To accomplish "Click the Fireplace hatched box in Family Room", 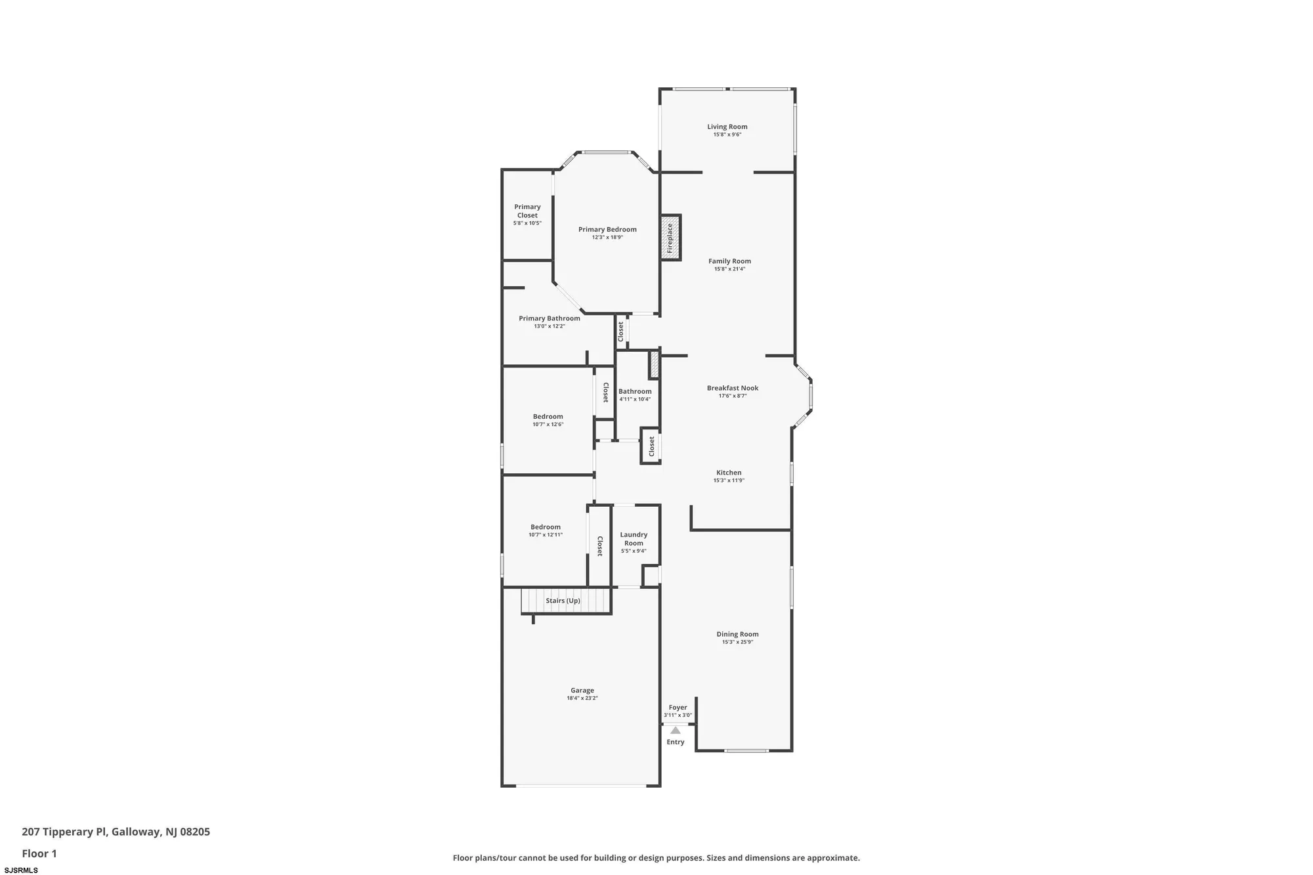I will [x=670, y=238].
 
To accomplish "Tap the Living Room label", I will [x=727, y=127].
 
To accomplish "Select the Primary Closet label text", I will [x=527, y=211].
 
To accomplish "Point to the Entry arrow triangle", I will [x=676, y=730].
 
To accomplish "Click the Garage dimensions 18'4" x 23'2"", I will [x=582, y=698].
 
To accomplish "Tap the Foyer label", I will [x=678, y=708].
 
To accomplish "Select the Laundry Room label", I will [x=634, y=539].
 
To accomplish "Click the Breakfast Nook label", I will [x=732, y=388].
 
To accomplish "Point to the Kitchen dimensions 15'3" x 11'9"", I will [x=729, y=480].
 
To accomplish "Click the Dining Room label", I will [x=737, y=634].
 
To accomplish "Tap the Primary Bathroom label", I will [x=549, y=318].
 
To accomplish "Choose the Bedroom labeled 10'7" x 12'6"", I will [x=548, y=416].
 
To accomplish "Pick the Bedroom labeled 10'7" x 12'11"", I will [x=546, y=526].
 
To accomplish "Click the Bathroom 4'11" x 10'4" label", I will [x=635, y=391].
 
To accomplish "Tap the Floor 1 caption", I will [x=39, y=853].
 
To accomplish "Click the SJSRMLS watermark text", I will [x=21, y=870].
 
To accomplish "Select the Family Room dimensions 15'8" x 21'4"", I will [x=729, y=269].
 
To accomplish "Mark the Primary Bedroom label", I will [x=607, y=229].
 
